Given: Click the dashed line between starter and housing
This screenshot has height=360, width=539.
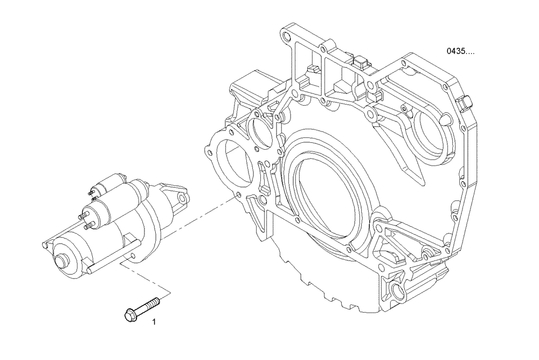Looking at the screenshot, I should click(x=208, y=213).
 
